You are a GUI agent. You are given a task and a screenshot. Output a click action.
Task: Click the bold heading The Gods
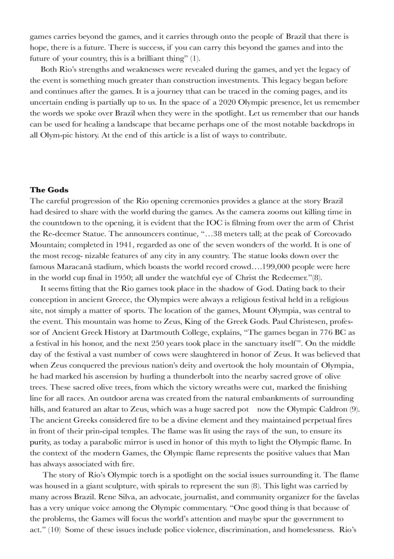(x=50, y=190)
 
